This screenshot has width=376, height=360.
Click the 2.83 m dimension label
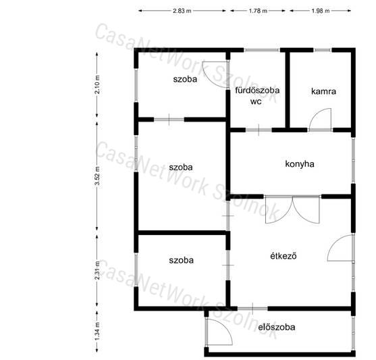[x=182, y=11]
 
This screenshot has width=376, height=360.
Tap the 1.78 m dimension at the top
[x=258, y=11]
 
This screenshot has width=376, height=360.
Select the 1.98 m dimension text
[x=321, y=11]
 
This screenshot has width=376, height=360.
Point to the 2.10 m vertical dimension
[x=97, y=84]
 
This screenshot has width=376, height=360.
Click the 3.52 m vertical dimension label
[x=97, y=176]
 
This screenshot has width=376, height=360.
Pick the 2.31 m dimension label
[x=97, y=270]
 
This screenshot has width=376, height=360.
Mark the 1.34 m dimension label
[x=97, y=331]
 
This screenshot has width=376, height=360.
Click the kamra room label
[x=323, y=91]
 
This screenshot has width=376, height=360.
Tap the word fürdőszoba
[x=257, y=91]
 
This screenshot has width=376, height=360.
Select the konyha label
[x=300, y=164]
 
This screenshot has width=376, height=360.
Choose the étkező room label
[x=284, y=256]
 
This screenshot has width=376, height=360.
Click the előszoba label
[x=277, y=327]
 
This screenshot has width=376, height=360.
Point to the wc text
[x=256, y=102]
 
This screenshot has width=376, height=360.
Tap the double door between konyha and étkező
[x=292, y=209]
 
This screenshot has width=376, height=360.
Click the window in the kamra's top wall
[x=323, y=50]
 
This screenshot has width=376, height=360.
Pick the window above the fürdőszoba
[x=262, y=50]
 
